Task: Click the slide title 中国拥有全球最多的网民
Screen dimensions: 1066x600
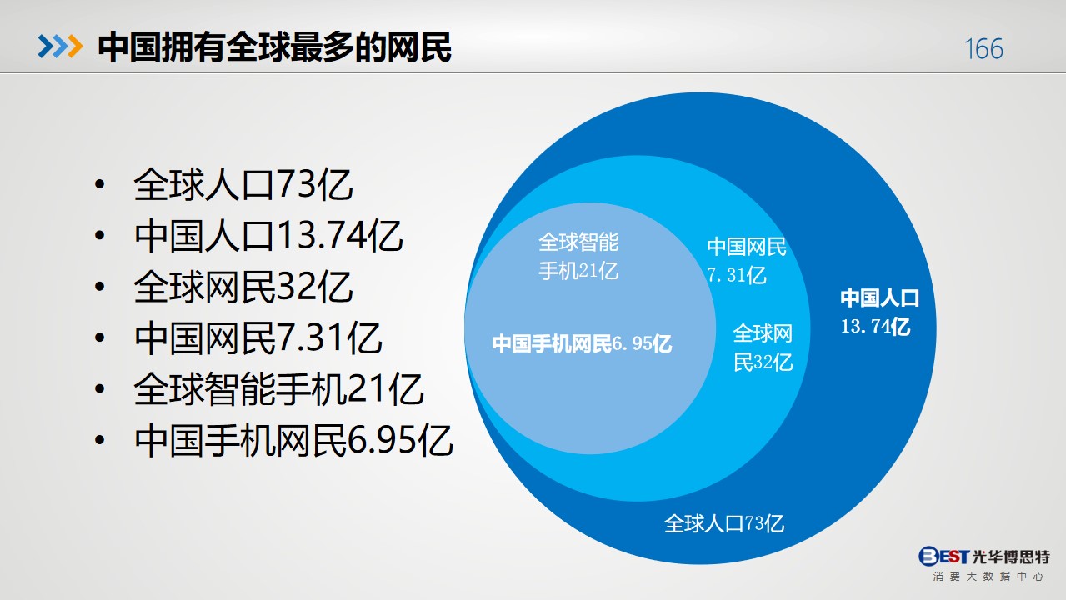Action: (274, 47)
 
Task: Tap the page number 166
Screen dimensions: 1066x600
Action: (983, 49)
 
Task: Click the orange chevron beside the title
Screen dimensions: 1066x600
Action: (75, 47)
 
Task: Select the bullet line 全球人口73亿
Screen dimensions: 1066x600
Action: (243, 184)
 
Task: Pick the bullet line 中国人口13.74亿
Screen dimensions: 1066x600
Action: (268, 236)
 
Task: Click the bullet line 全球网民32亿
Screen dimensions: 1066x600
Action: (243, 287)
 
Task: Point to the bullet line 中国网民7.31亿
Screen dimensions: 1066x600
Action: (258, 337)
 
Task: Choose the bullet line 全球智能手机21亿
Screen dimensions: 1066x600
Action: (278, 388)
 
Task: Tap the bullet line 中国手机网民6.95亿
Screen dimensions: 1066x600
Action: (293, 440)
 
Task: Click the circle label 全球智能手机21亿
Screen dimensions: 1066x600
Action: (578, 257)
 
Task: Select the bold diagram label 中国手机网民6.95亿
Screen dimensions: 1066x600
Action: (582, 343)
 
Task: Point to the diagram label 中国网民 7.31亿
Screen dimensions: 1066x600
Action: (746, 261)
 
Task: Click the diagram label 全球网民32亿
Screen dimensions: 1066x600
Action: (763, 347)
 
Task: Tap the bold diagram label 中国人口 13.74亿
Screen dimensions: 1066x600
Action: (879, 312)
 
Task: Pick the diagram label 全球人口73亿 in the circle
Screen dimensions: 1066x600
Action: (723, 524)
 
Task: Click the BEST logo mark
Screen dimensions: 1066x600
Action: (943, 556)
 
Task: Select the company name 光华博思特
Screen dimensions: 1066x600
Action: (1011, 557)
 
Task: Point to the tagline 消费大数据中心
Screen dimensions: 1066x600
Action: (988, 577)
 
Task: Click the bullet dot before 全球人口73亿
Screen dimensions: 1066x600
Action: (99, 184)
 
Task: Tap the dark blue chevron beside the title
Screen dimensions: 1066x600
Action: (46, 47)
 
